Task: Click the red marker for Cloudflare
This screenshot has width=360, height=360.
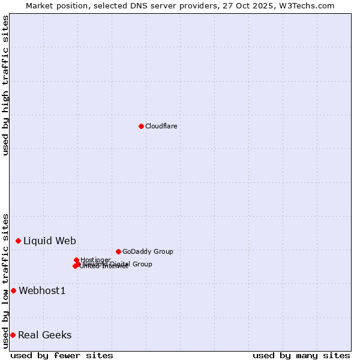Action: (141, 126)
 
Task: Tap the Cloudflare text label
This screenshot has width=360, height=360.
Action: (161, 126)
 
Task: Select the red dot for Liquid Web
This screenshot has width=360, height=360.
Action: (18, 241)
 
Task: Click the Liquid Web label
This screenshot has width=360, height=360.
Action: (49, 241)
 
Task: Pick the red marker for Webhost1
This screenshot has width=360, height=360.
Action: (13, 290)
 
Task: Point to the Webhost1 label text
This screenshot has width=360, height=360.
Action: (42, 290)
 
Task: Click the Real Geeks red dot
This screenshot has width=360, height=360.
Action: (13, 335)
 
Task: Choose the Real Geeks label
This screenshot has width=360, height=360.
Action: (44, 335)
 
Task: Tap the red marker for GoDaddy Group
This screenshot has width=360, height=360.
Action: (118, 251)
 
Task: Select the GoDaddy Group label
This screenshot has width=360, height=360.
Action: (147, 251)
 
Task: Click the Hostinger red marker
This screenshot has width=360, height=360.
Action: (76, 260)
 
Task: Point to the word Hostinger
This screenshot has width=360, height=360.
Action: (95, 260)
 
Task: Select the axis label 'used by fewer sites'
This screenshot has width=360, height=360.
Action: (62, 355)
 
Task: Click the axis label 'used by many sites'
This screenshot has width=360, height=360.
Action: (301, 355)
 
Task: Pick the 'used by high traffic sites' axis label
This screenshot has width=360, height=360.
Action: (5, 85)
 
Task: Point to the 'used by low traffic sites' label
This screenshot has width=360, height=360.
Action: (5, 281)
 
